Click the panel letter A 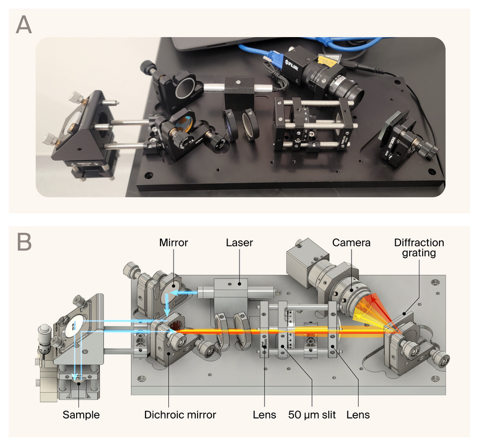click(x=24, y=25)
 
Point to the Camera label click(x=351, y=243)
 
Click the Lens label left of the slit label click(x=264, y=414)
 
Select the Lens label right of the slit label click(x=359, y=414)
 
